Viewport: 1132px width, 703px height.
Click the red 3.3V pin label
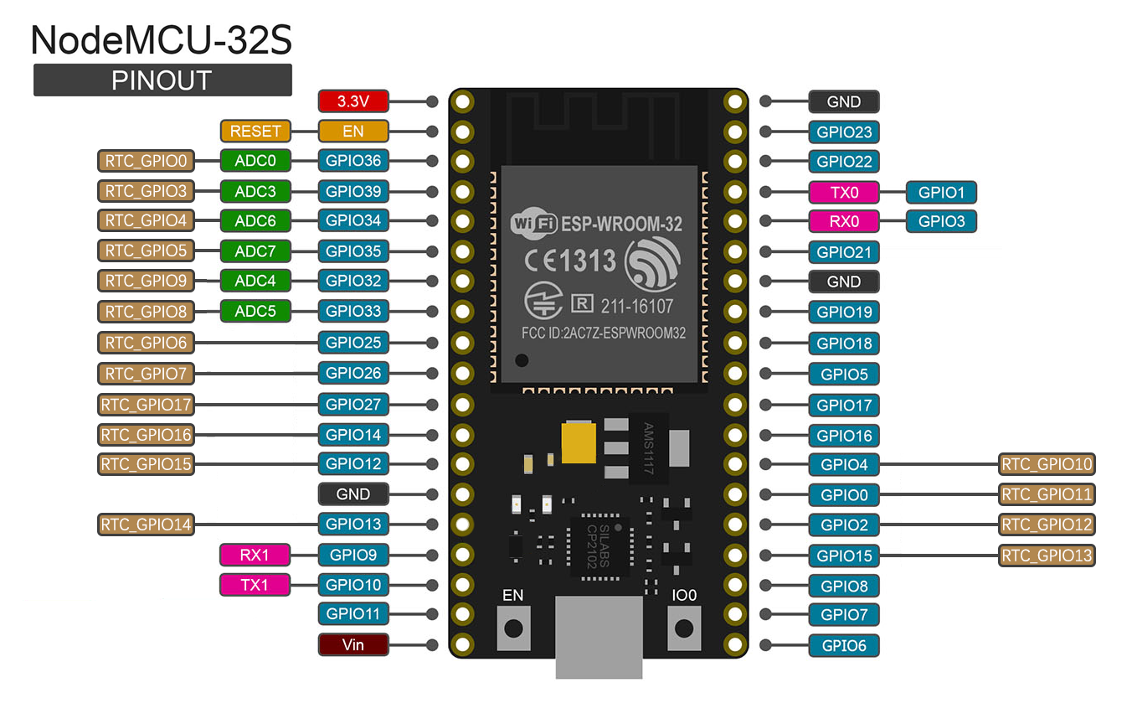pos(353,101)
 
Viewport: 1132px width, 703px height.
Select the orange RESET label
pos(255,131)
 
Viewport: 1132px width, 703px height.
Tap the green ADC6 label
pos(255,221)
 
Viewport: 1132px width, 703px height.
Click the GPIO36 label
pos(353,161)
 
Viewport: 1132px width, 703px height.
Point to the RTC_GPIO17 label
pos(147,405)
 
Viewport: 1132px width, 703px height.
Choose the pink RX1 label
pos(255,555)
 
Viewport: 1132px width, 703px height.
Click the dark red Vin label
pos(353,644)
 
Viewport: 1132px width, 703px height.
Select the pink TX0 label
pos(844,192)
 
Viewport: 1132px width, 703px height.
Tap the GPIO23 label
pos(844,132)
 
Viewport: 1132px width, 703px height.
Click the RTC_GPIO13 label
pos(1047,555)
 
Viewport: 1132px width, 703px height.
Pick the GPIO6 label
pos(844,645)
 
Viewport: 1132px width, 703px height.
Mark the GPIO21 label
pos(844,251)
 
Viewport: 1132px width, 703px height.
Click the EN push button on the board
pos(513,628)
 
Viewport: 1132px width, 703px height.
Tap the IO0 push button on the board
pos(684,628)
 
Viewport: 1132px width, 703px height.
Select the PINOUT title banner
pos(162,80)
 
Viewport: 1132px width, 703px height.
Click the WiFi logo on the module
pos(533,224)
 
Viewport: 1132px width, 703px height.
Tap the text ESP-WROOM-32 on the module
pos(621,224)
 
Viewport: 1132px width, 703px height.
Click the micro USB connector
pos(599,637)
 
